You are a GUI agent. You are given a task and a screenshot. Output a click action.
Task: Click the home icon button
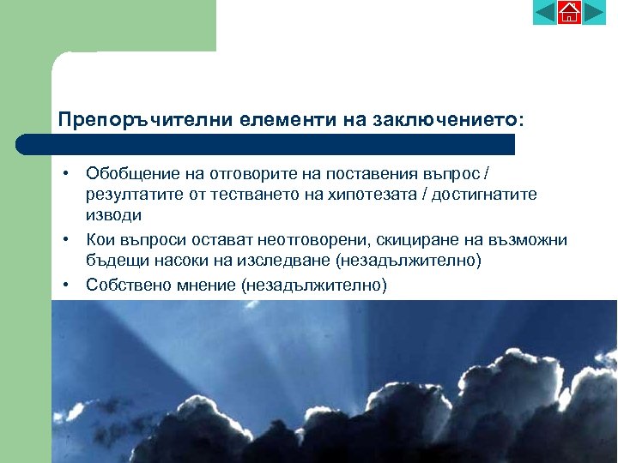pyautogui.click(x=569, y=13)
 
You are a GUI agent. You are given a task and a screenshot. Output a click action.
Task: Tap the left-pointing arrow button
pyautogui.click(x=545, y=13)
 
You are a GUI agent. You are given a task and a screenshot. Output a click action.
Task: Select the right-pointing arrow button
pyautogui.click(x=594, y=13)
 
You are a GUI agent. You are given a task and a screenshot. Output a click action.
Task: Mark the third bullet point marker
pyautogui.click(x=65, y=282)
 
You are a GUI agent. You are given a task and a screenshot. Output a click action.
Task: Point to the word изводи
pyautogui.click(x=114, y=215)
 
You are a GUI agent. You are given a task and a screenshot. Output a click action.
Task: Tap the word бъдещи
pyautogui.click(x=112, y=260)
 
